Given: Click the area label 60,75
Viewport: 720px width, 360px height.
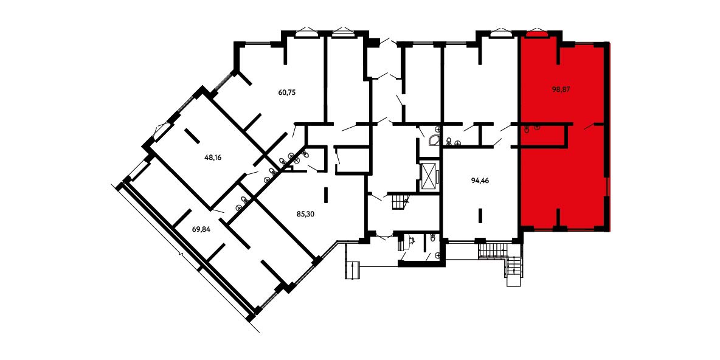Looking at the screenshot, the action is [286, 92].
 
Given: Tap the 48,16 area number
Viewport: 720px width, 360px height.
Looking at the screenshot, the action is [213, 156].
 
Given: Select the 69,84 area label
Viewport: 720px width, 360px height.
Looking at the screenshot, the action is [201, 230].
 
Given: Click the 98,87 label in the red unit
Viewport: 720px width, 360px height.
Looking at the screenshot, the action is [561, 89].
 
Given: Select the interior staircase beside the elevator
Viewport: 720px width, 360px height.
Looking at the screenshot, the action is [400, 202].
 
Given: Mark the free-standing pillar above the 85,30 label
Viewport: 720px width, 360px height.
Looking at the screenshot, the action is [326, 195].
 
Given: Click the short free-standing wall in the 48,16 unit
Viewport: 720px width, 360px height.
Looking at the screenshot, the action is [192, 136].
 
